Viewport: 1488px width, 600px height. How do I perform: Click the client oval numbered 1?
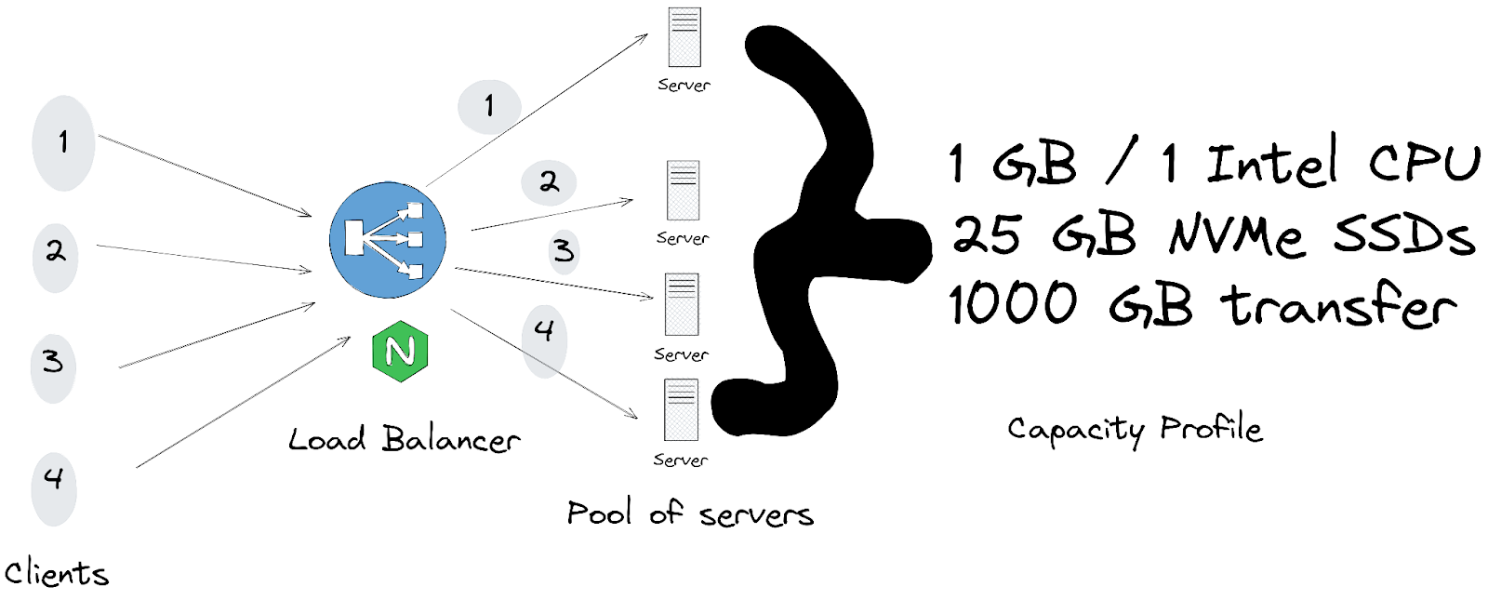(x=62, y=143)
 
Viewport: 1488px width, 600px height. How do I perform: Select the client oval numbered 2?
(x=55, y=251)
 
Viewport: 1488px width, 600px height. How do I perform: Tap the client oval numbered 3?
(x=53, y=362)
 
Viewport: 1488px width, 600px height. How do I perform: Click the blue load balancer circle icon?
(x=388, y=240)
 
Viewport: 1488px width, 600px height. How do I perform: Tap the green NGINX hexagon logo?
(x=400, y=352)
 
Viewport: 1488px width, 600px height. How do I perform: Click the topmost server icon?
(x=684, y=37)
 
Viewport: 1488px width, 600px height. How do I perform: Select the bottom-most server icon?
(x=681, y=410)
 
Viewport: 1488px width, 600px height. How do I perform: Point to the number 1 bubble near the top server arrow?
(x=488, y=106)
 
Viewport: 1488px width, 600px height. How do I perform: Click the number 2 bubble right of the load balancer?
(x=549, y=182)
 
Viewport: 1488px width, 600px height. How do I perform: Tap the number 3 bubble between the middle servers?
(x=564, y=251)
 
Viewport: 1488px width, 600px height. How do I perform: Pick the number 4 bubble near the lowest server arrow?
(x=544, y=331)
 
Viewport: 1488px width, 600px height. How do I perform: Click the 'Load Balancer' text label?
(x=404, y=440)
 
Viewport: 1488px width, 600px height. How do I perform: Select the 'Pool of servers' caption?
(x=689, y=513)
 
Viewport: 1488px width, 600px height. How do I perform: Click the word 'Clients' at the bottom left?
(x=56, y=573)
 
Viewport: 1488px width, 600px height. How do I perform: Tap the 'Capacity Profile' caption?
(x=1135, y=430)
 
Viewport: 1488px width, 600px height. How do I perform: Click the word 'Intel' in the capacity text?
(x=1272, y=163)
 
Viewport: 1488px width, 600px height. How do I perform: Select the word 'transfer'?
(x=1339, y=306)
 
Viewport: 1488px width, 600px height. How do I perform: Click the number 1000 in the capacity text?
(x=1013, y=304)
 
